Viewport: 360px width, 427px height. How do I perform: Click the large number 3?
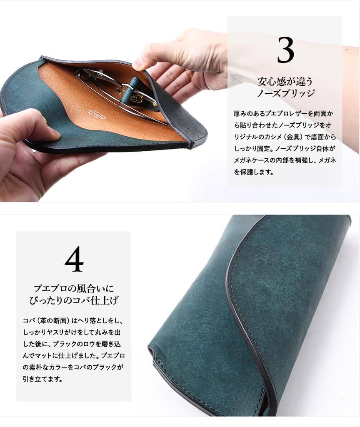[x=285, y=50]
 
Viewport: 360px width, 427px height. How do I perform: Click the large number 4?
[x=74, y=259]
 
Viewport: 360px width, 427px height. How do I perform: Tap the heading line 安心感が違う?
[x=285, y=81]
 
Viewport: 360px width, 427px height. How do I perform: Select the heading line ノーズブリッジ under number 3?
[x=285, y=93]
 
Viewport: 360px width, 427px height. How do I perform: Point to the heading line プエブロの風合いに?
[x=73, y=288]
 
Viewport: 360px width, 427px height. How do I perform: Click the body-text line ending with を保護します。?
[x=254, y=172]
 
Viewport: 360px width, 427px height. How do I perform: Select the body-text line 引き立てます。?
[x=42, y=379]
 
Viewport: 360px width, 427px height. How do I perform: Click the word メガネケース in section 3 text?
[x=251, y=160]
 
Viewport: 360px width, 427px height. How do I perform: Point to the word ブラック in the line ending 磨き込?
[x=64, y=344]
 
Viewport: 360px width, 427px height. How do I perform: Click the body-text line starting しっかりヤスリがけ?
[x=72, y=332]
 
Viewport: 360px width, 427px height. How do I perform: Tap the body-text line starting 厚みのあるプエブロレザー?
[x=283, y=113]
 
